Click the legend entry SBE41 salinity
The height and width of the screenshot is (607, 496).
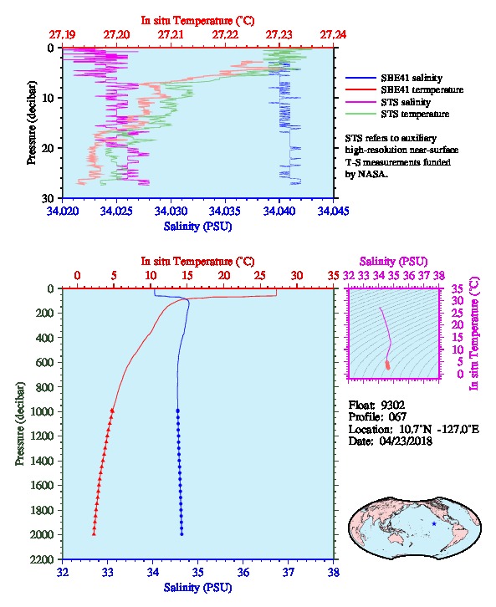pyautogui.click(x=412, y=79)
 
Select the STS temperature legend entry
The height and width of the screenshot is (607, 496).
pyautogui.click(x=415, y=115)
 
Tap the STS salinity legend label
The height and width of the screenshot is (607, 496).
pyautogui.click(x=406, y=102)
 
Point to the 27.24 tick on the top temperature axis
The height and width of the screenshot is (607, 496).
pyautogui.click(x=333, y=35)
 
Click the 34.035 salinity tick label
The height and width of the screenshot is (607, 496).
pyautogui.click(x=224, y=211)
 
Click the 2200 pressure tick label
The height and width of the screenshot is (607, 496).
pyautogui.click(x=41, y=559)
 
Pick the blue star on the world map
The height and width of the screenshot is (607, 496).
pyautogui.click(x=434, y=523)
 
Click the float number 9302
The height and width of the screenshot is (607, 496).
pyautogui.click(x=392, y=406)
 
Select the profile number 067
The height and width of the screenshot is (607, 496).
pyautogui.click(x=397, y=417)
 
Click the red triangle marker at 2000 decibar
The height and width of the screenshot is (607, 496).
pyautogui.click(x=94, y=534)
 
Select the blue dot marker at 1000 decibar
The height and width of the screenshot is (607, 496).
pyautogui.click(x=177, y=411)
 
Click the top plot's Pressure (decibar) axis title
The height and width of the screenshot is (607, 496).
pyautogui.click(x=32, y=123)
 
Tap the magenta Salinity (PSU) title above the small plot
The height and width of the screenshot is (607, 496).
pyautogui.click(x=393, y=262)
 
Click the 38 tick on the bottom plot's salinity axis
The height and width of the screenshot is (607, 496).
pyautogui.click(x=334, y=573)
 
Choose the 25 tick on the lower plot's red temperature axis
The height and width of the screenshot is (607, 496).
pyautogui.click(x=260, y=276)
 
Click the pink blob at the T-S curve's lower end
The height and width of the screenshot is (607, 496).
pyautogui.click(x=387, y=365)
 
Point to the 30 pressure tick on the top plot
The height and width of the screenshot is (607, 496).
pyautogui.click(x=48, y=198)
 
